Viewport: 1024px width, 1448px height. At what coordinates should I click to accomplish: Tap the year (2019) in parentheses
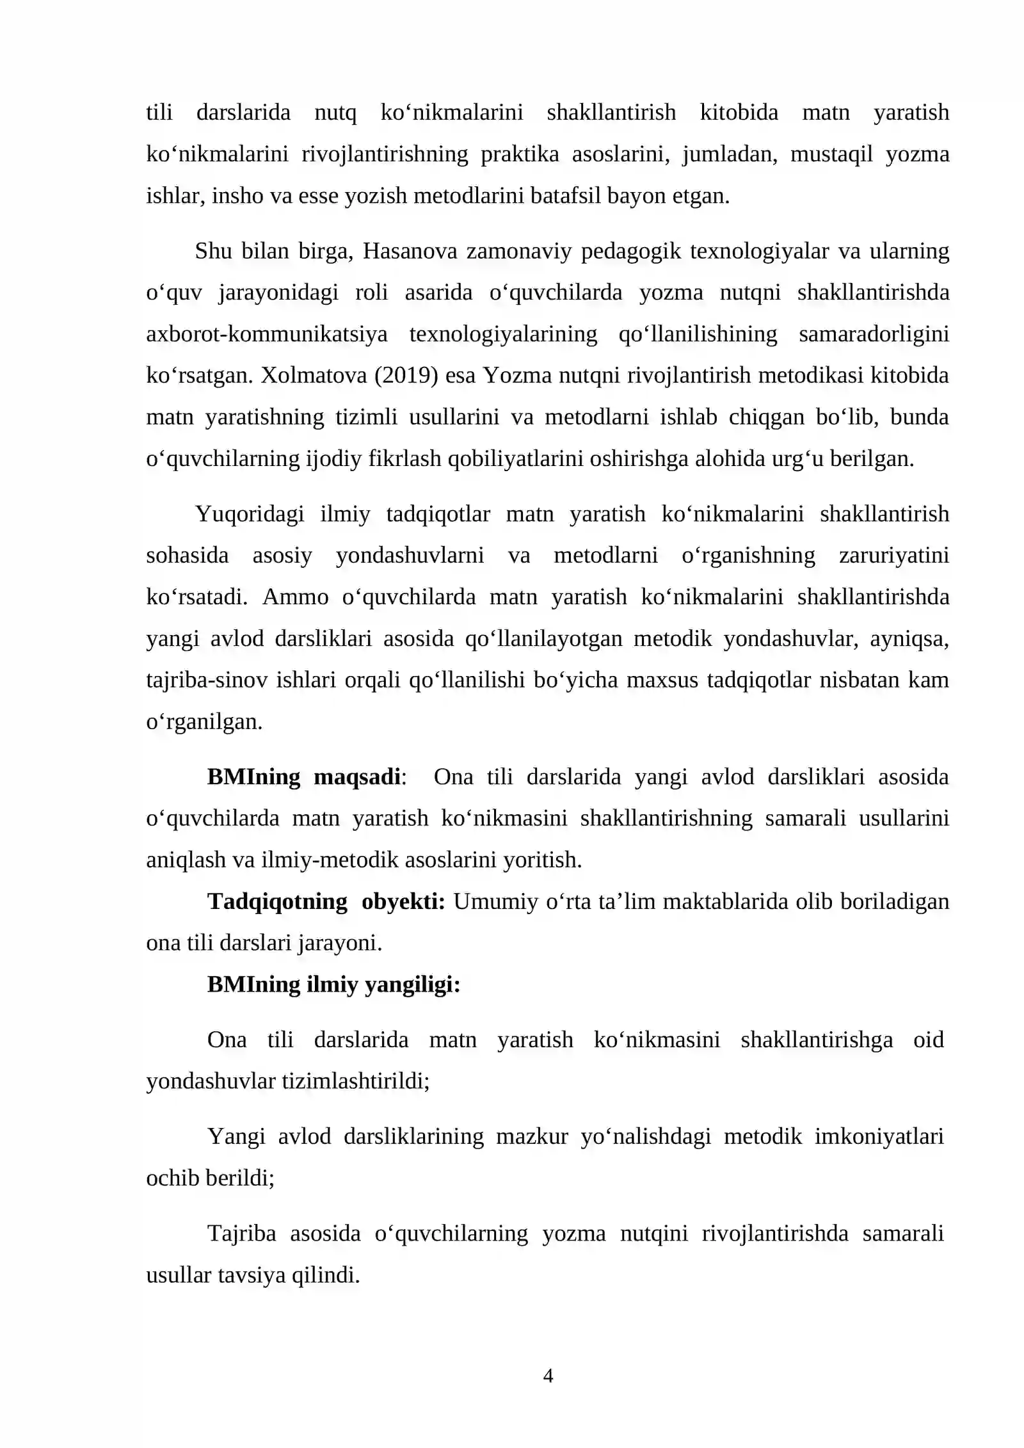[x=406, y=375]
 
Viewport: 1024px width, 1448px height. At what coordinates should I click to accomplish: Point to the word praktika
[x=520, y=154]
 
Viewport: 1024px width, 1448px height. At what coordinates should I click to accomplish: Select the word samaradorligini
[x=874, y=334]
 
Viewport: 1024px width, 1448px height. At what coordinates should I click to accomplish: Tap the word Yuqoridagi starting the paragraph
[x=250, y=514]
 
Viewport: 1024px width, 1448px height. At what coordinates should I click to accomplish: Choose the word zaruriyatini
[x=893, y=555]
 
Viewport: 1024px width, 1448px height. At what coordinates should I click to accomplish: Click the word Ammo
[x=295, y=597]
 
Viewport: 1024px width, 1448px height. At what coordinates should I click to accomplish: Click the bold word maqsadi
[x=356, y=776]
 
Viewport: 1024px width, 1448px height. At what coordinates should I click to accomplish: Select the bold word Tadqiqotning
[x=277, y=901]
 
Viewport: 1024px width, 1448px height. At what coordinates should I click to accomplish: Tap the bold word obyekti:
[x=403, y=901]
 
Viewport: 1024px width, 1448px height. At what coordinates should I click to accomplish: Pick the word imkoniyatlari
[x=879, y=1136]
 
